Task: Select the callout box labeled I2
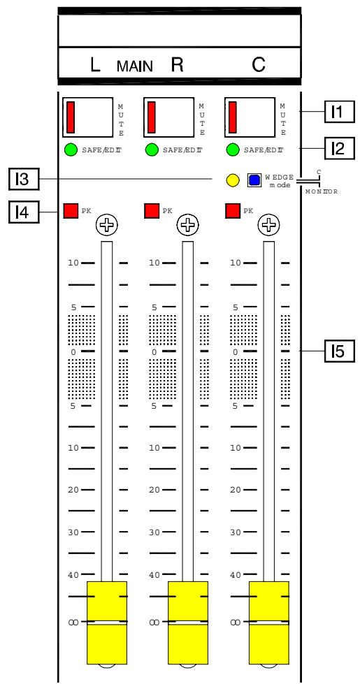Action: click(x=338, y=149)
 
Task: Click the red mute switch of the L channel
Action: click(x=71, y=117)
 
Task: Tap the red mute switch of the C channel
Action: click(x=232, y=117)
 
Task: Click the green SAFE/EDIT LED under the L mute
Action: click(x=71, y=150)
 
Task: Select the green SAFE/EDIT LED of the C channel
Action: click(x=233, y=150)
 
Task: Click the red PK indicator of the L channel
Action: click(x=71, y=210)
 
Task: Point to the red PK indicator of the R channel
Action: click(x=151, y=210)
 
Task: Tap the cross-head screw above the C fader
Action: click(x=268, y=224)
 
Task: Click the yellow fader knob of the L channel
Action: click(x=106, y=621)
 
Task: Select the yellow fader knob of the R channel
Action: click(x=187, y=621)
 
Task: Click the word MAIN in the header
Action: click(x=133, y=67)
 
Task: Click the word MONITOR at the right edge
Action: click(x=321, y=193)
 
